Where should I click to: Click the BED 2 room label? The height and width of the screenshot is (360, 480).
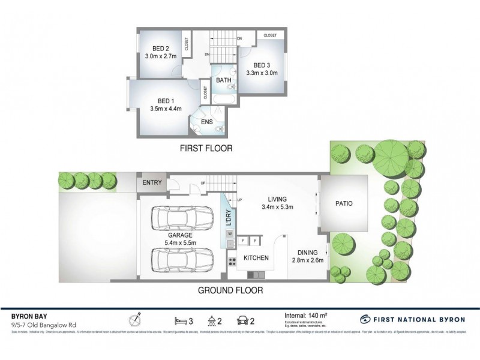pyautogui.click(x=159, y=49)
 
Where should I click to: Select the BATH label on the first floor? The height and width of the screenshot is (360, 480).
pyautogui.click(x=224, y=80)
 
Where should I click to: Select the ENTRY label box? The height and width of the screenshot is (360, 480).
pyautogui.click(x=151, y=183)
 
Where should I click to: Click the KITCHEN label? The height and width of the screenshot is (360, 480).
pyautogui.click(x=255, y=259)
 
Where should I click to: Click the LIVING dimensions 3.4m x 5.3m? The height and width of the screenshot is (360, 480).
pyautogui.click(x=278, y=208)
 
